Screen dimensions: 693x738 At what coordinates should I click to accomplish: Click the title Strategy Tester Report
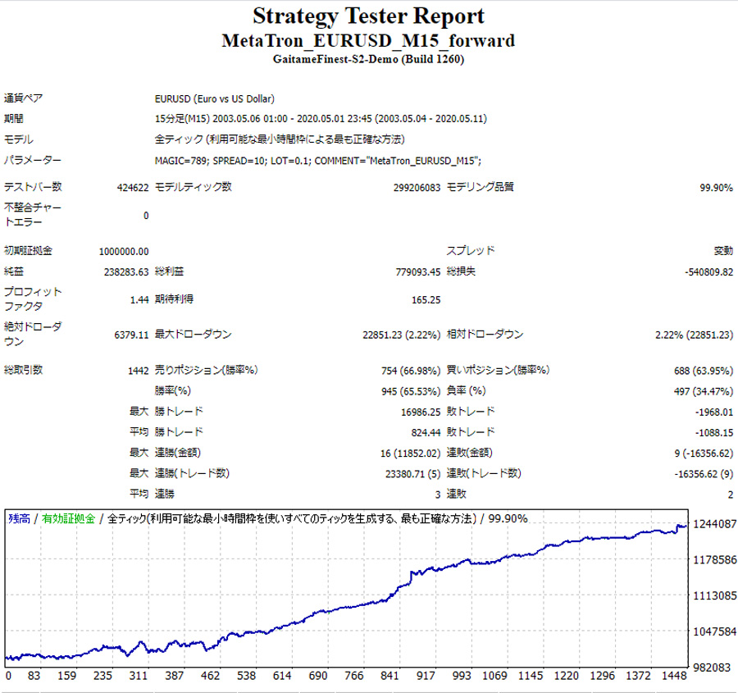[368, 16]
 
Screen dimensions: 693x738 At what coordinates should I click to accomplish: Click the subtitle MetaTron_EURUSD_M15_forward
[368, 40]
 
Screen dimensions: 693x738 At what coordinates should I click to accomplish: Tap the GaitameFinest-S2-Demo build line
[368, 58]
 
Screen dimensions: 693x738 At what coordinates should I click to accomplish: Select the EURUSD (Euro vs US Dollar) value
[214, 98]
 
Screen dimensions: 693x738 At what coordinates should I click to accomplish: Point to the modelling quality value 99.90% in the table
[715, 188]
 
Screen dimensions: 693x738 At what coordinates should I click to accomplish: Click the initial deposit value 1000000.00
[124, 251]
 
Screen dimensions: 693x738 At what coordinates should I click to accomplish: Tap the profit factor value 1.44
[139, 299]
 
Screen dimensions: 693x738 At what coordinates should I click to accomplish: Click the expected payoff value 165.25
[426, 299]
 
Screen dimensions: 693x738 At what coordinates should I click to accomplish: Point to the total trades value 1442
[137, 370]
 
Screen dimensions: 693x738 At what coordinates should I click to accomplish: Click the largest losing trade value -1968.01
[709, 412]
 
